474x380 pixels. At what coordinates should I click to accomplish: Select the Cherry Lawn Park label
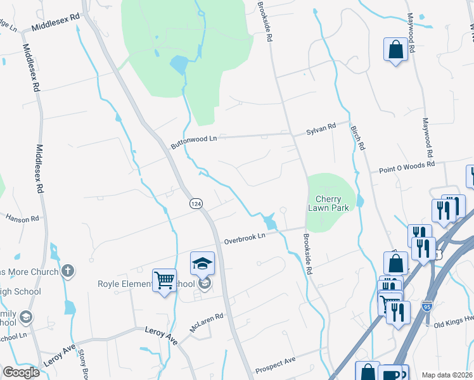point(328,203)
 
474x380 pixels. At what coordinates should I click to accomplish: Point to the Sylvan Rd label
point(321,129)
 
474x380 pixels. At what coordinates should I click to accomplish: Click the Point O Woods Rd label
point(406,167)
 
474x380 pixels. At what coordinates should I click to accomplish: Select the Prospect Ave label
point(275,365)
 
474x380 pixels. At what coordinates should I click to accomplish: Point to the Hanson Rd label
point(22,218)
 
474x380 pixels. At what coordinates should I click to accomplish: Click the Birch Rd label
point(357,137)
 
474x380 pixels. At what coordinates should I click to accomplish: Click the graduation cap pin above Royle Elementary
point(202,263)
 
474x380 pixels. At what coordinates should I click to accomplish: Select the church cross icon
point(67,272)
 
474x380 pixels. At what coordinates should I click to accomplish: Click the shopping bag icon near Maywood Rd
point(395,49)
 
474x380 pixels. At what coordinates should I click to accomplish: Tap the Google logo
point(21,372)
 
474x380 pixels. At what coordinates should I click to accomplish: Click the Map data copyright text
point(447,375)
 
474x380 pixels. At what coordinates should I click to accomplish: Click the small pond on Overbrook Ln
point(271,222)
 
